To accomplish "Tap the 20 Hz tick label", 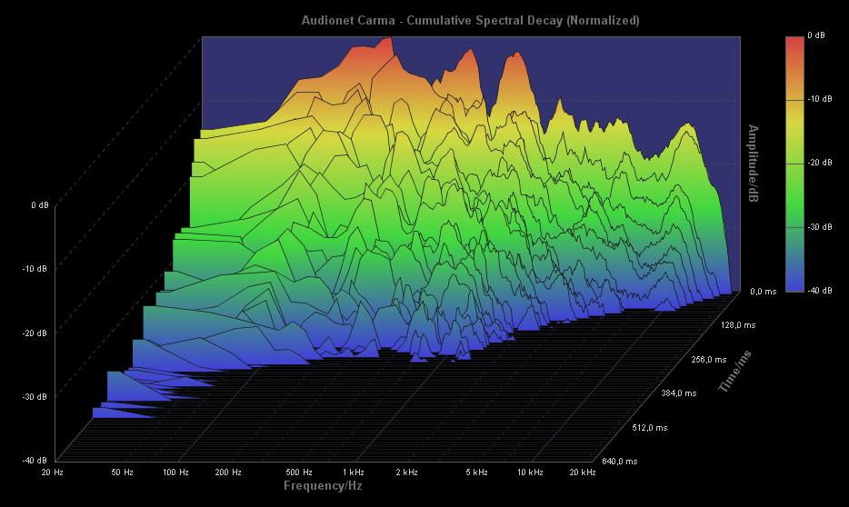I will tap(52, 472).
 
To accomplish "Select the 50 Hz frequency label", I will tap(123, 472).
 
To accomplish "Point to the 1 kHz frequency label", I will tap(354, 472).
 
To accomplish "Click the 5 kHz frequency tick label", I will tap(476, 472).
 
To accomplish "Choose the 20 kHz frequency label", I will tap(582, 472).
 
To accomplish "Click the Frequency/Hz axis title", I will tap(324, 486).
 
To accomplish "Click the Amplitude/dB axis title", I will tap(753, 164).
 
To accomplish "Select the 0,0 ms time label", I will tap(764, 292).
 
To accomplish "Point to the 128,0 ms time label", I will tap(738, 325).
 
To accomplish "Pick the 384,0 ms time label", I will tap(679, 393).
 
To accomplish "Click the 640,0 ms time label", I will tap(620, 462).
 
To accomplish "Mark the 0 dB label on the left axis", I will tap(39, 205).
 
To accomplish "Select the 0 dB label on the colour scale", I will tap(816, 36).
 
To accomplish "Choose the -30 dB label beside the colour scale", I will tap(819, 227).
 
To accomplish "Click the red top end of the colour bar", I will tap(794, 42).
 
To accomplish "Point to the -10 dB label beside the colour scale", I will tap(819, 100).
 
